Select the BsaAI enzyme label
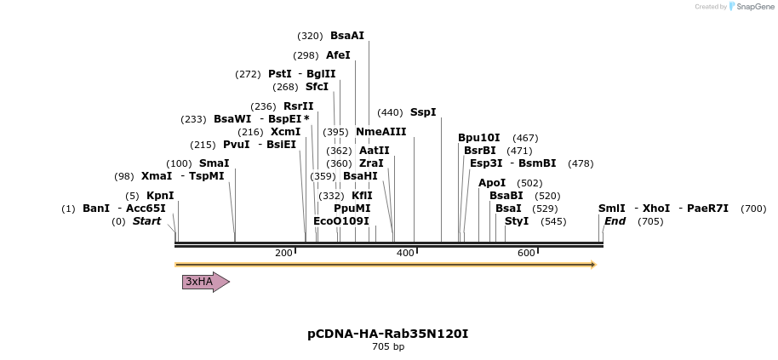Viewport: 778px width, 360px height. click(x=347, y=36)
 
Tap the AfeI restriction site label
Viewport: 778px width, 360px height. click(x=338, y=55)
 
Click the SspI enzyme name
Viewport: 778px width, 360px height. click(x=423, y=112)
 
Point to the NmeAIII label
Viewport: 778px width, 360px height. click(x=380, y=132)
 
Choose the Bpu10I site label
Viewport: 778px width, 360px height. click(x=479, y=138)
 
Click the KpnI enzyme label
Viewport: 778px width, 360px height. click(x=160, y=196)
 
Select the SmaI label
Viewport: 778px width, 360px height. click(x=214, y=163)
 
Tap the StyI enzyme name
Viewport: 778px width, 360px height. click(x=517, y=221)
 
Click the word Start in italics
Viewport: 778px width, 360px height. click(x=146, y=221)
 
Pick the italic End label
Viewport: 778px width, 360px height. click(x=615, y=221)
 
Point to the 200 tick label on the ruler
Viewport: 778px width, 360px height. click(x=283, y=253)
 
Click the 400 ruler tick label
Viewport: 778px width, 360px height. click(x=405, y=253)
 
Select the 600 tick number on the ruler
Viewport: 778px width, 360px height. click(x=526, y=253)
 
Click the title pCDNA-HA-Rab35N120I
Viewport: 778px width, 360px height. click(x=388, y=334)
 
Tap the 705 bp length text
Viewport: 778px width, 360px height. click(x=388, y=347)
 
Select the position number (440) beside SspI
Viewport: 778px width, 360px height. click(x=390, y=112)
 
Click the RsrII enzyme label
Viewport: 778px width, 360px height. click(x=298, y=106)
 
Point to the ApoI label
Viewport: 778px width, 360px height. click(x=492, y=183)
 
